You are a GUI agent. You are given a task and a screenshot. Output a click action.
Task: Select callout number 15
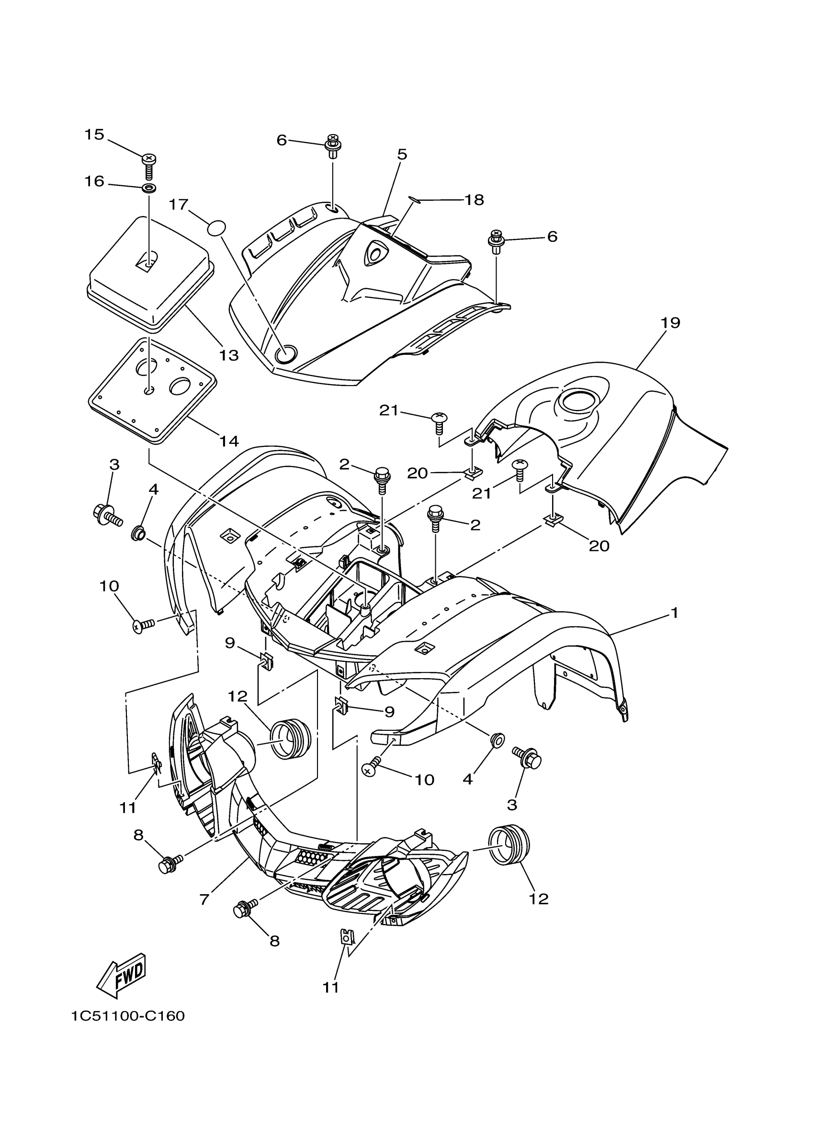coord(94,134)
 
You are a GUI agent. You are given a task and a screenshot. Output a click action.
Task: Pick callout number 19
coord(670,323)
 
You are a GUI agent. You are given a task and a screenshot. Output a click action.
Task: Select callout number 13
coord(229,355)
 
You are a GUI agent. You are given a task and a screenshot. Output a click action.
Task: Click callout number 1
coord(674,613)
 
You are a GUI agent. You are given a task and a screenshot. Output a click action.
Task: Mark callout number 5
coord(402,154)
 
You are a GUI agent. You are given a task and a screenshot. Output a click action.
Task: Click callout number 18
coord(474,200)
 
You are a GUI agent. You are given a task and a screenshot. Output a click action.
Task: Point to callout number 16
coord(94,181)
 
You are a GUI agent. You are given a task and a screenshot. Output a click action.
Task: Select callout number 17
coord(179,204)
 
